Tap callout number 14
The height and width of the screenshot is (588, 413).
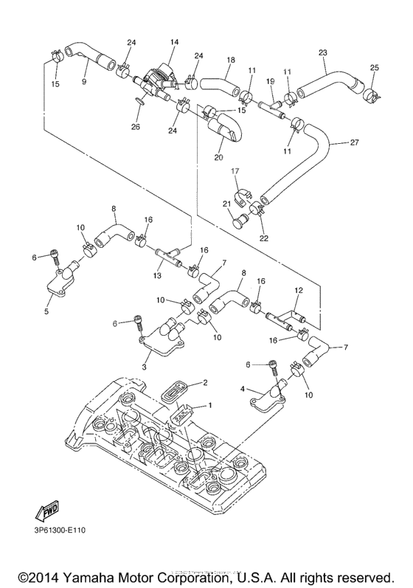click(x=175, y=44)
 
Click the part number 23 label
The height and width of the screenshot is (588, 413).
click(x=322, y=52)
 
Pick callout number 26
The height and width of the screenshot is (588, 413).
click(x=135, y=126)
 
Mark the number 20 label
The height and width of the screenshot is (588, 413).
click(x=218, y=156)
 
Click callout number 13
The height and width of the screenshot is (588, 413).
click(x=156, y=276)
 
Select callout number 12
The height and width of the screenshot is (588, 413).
click(x=299, y=291)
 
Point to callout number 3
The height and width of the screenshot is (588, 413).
click(x=145, y=367)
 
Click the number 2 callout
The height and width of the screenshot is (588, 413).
click(x=206, y=382)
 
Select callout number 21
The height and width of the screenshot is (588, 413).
click(x=227, y=204)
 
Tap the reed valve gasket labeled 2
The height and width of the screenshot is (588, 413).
click(x=176, y=392)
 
